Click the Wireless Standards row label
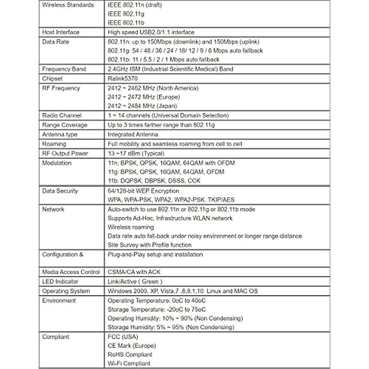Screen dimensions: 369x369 [x=68, y=5]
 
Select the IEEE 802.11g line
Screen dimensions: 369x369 [x=126, y=14]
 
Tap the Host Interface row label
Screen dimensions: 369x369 [x=61, y=32]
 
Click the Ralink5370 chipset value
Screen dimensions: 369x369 [x=123, y=79]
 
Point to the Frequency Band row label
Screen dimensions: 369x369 [x=64, y=69]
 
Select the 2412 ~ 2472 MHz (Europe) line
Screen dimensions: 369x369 [x=144, y=97]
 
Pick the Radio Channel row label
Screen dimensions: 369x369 [x=62, y=116]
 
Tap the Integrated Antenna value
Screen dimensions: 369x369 [x=133, y=135]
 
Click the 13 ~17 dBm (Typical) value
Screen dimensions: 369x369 [x=136, y=153]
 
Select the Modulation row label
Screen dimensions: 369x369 [x=57, y=163]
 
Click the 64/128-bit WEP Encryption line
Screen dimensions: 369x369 [x=143, y=191]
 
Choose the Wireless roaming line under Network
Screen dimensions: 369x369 [x=131, y=227]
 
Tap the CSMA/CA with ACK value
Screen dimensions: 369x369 [x=134, y=272]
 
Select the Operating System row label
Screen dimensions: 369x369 [x=66, y=291]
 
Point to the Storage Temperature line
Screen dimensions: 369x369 [x=157, y=309]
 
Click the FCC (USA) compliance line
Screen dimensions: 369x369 [x=123, y=337]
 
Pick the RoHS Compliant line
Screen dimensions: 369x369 [x=130, y=355]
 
